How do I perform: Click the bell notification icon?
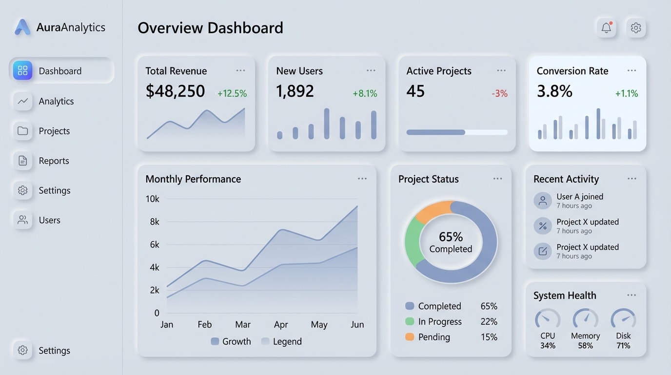606,28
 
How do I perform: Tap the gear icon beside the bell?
636,28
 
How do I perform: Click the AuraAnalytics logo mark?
22,27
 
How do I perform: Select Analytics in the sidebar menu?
56,101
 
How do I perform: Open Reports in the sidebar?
54,161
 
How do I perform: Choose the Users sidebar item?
49,220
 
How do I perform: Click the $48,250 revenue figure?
175,91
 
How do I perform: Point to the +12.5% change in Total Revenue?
232,93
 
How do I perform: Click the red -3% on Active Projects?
499,93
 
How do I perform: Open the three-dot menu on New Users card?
371,71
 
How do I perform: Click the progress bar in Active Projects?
456,132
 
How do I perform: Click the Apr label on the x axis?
281,325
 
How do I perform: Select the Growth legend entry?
231,341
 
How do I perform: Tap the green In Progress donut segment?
413,242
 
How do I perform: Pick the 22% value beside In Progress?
489,322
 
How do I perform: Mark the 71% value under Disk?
623,346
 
